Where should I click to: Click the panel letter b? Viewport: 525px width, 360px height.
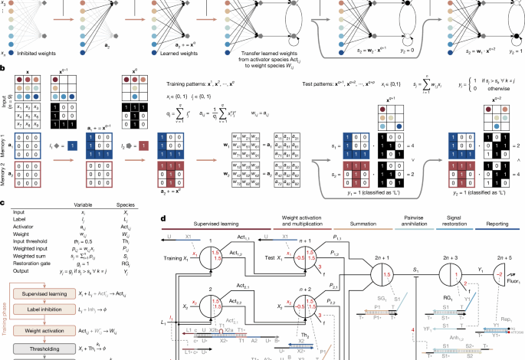(x=4, y=69)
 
